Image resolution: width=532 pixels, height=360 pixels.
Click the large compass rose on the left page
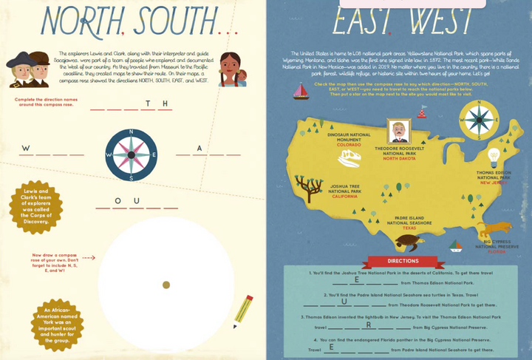pyautogui.click(x=131, y=154)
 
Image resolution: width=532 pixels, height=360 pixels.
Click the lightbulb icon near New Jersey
pyautogui.click(x=494, y=157)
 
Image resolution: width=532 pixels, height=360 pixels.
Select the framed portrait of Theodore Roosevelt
pyautogui.click(x=400, y=133)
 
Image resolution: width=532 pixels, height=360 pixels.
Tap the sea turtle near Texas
pyautogui.click(x=407, y=241)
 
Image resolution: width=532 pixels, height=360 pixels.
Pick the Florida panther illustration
pyautogui.click(x=494, y=227)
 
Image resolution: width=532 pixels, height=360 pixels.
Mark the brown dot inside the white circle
pyautogui.click(x=166, y=285)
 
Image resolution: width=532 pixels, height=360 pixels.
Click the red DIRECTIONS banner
pyautogui.click(x=403, y=260)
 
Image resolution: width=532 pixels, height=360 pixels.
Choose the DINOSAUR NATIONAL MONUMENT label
pyautogui.click(x=349, y=137)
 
